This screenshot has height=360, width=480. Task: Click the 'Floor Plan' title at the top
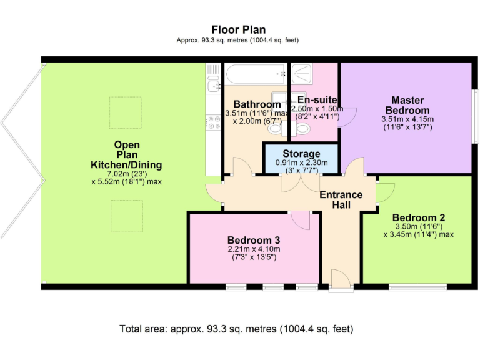point(238,29)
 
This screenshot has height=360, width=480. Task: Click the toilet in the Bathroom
point(274,129)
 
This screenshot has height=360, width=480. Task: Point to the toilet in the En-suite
point(303,129)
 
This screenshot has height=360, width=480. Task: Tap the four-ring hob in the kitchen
point(213,124)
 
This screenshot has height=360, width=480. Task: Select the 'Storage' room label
point(301,154)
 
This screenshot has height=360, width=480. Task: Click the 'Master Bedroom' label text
point(407,105)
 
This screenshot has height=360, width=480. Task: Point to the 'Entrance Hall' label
point(341,199)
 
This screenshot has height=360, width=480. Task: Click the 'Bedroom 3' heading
point(253,240)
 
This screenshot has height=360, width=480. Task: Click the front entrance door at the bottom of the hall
point(341,280)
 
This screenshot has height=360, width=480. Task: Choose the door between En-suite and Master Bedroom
point(347,116)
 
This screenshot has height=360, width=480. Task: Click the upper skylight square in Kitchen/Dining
point(125,112)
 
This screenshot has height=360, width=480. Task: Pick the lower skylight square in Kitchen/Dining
point(125,216)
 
